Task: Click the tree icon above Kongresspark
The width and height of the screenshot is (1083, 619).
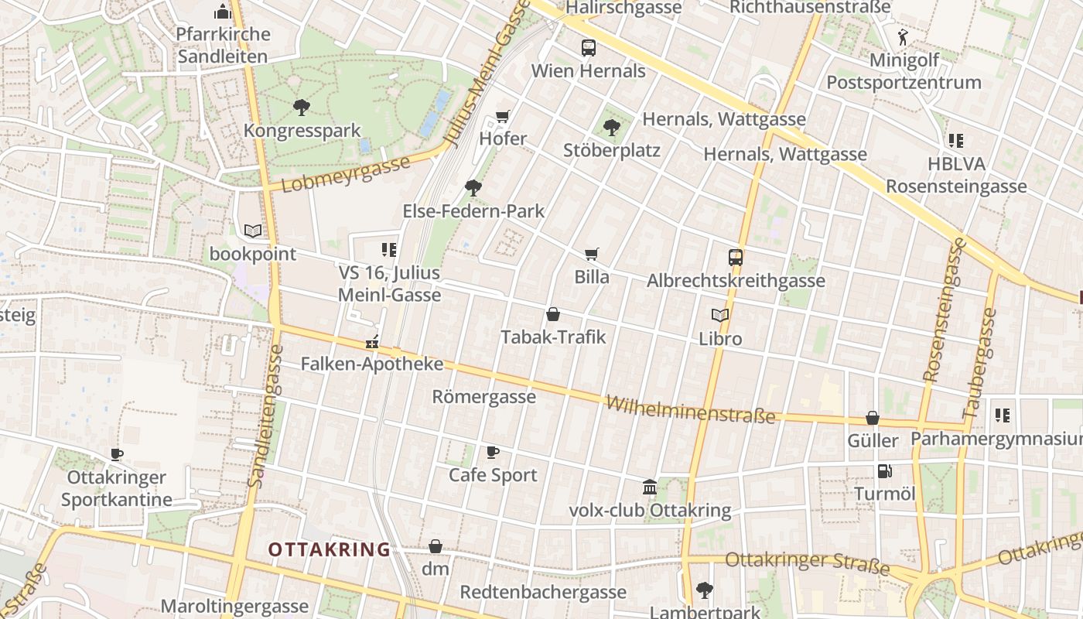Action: [x=302, y=108]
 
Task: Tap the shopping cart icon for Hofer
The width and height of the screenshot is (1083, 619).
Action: [x=503, y=117]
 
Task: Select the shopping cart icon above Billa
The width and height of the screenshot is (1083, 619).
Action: [x=592, y=255]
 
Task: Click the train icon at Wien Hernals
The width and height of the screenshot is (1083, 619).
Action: [x=589, y=48]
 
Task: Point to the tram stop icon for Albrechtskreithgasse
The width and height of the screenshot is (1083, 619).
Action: [x=736, y=258]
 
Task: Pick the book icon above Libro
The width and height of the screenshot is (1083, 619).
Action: [x=720, y=316]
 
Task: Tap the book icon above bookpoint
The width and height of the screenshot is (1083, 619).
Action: [x=253, y=231]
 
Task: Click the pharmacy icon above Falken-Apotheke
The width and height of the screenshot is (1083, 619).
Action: [x=372, y=341]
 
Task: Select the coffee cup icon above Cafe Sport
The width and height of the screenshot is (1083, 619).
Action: [x=493, y=452]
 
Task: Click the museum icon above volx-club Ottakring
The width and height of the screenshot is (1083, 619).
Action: [x=650, y=487]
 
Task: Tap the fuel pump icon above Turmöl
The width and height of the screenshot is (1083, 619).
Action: [x=884, y=470]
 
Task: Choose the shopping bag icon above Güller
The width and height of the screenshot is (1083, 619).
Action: [x=873, y=418]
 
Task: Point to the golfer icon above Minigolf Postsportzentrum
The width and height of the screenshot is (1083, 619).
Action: [x=903, y=36]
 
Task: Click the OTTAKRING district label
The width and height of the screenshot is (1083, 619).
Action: [x=329, y=549]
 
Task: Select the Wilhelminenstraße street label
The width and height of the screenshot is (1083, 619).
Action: [x=690, y=409]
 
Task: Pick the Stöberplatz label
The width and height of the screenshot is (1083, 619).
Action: [x=611, y=150]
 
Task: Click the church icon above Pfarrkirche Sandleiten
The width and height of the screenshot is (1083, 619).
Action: [x=223, y=12]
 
